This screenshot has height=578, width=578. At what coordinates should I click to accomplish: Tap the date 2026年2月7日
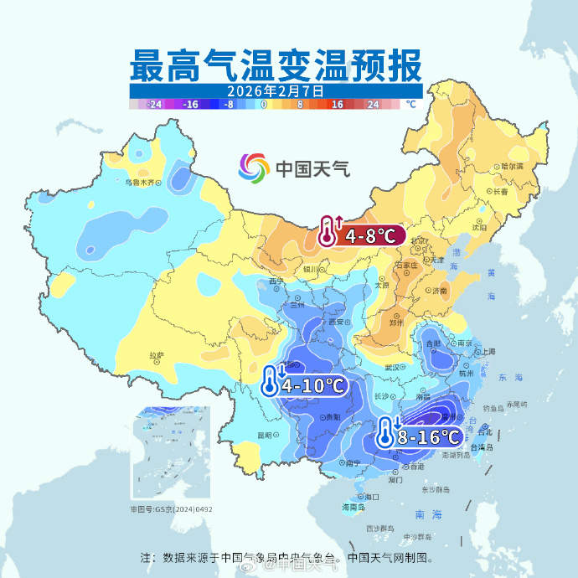(276, 90)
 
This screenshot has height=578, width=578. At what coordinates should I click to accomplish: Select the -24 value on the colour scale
(153, 105)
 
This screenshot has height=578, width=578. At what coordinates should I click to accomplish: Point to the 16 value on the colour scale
(337, 105)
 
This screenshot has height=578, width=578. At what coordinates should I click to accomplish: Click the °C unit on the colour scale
(410, 105)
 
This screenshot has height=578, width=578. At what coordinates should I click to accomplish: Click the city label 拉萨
(157, 356)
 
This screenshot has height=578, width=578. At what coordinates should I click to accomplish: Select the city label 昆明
(266, 435)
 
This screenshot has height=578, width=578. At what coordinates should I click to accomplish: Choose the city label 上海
(488, 352)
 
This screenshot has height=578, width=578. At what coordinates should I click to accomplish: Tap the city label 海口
(372, 497)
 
